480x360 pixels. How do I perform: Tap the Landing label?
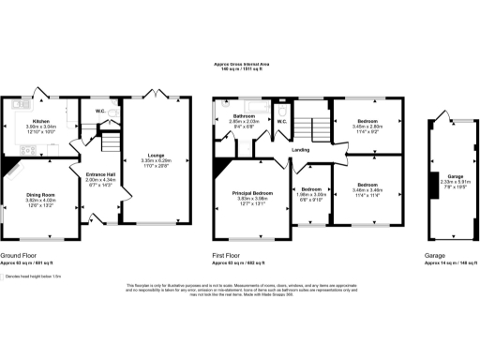[x=300, y=150]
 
